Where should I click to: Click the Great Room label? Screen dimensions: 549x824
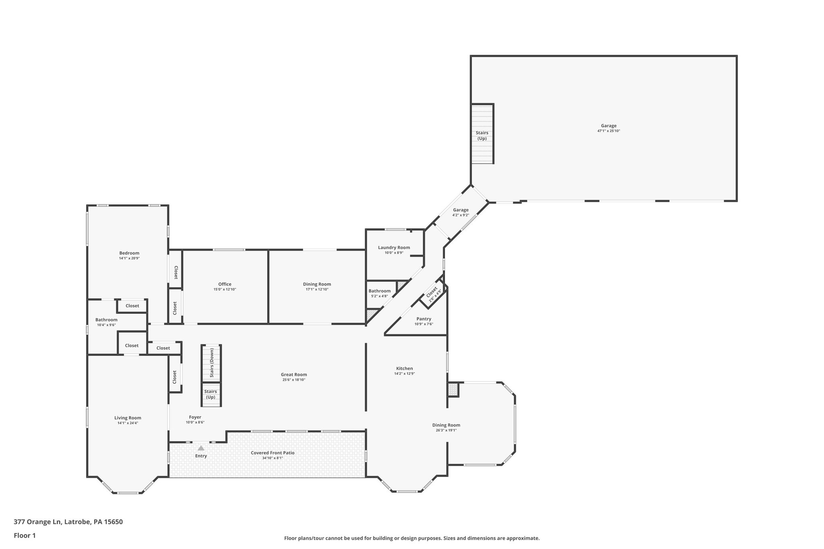click(294, 374)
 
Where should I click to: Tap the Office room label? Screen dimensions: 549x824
click(225, 284)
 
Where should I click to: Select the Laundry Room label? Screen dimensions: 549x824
click(394, 247)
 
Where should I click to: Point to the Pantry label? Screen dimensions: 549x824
click(424, 319)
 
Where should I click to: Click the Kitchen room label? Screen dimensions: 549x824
click(404, 368)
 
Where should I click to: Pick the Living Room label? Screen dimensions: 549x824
click(128, 418)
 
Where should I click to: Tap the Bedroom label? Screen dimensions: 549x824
click(129, 253)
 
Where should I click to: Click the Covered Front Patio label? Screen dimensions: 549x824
click(272, 453)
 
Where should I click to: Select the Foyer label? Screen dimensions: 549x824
click(195, 417)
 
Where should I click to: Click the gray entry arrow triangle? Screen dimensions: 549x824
click(201, 448)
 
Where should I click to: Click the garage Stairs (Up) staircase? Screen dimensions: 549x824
click(482, 134)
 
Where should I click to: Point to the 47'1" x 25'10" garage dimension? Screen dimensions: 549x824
click(609, 131)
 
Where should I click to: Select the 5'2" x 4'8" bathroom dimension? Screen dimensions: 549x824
click(379, 296)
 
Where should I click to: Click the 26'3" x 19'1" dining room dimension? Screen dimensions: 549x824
click(446, 430)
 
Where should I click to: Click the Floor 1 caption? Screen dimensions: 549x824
click(25, 535)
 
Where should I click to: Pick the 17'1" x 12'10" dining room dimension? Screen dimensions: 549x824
click(317, 290)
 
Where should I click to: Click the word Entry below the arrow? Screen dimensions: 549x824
click(201, 456)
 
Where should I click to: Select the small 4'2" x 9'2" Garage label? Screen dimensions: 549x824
click(461, 210)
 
